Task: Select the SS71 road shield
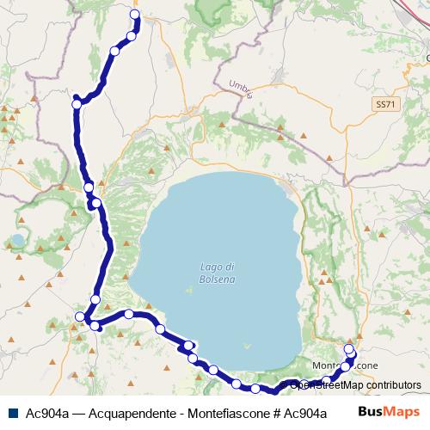point(386,103)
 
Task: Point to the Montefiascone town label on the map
point(346,365)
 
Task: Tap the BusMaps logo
point(388,412)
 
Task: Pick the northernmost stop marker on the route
point(134,15)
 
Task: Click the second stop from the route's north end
point(132,35)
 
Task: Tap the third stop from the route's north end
point(114,51)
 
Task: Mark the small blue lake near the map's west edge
point(17,240)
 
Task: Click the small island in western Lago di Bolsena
point(188,289)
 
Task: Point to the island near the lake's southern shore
point(248,346)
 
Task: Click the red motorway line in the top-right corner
point(417,10)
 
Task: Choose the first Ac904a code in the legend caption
point(47,413)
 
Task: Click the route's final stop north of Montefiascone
point(349,348)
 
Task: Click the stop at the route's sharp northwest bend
point(77,103)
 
